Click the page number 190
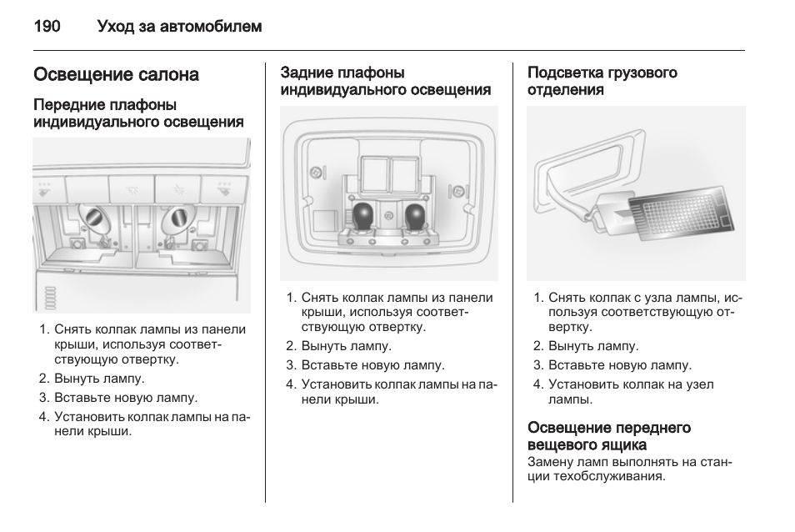click(47, 27)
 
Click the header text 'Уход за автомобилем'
click(179, 27)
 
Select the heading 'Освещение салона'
click(116, 75)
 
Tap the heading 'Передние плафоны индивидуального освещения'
click(138, 113)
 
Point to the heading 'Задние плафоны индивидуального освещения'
click(385, 81)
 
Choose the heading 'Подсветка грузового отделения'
click(602, 81)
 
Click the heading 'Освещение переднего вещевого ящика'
click(609, 436)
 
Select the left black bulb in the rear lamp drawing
click(365, 217)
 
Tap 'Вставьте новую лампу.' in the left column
click(125, 398)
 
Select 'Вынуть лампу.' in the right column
click(592, 346)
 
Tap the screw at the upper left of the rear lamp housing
click(316, 172)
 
